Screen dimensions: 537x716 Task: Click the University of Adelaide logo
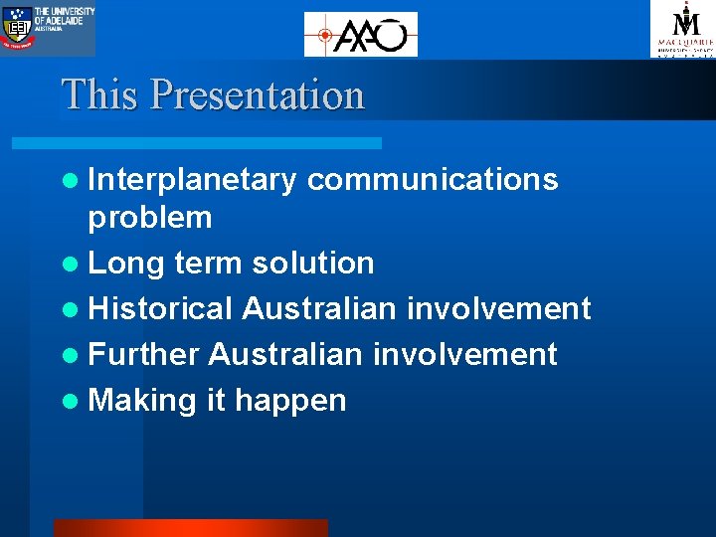[48, 28]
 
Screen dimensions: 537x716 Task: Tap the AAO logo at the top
[360, 35]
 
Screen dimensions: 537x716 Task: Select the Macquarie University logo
[682, 29]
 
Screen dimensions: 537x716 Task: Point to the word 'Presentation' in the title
[258, 95]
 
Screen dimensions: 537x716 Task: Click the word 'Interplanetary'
[192, 179]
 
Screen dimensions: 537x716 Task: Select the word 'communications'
[433, 179]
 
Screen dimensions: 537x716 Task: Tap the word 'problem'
[150, 218]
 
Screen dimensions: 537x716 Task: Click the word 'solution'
[312, 264]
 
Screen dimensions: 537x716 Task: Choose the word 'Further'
[144, 355]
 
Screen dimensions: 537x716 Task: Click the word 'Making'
[142, 401]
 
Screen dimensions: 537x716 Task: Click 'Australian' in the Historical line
[319, 309]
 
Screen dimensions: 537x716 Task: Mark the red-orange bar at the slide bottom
[190, 528]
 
